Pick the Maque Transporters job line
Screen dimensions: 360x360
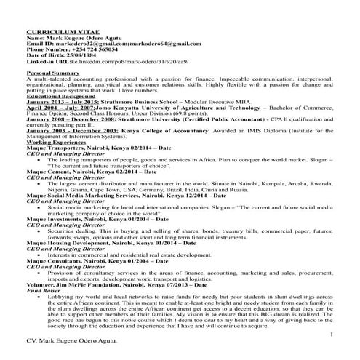click(x=100, y=148)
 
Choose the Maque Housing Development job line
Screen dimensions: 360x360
click(x=110, y=240)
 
